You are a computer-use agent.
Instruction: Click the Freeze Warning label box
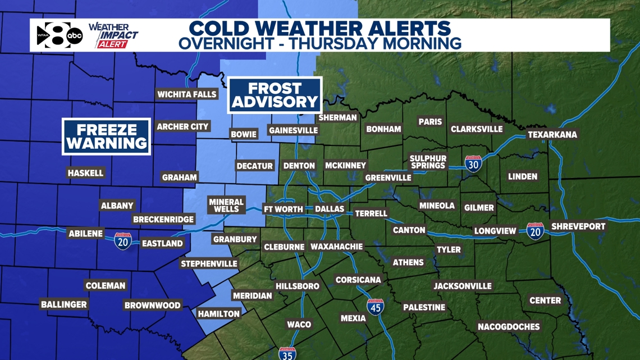coord(106,136)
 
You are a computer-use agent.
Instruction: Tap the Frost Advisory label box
coord(275,95)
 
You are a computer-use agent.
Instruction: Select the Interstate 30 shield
coord(473,163)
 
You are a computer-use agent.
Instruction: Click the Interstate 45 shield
coord(376,307)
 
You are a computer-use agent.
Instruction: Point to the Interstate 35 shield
coord(287,354)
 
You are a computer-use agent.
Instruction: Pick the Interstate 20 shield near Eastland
coord(122,241)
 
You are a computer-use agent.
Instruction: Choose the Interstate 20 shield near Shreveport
coord(535,231)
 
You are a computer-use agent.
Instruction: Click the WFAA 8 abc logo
coord(60,36)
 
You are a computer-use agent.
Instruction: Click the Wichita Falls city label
coord(187,94)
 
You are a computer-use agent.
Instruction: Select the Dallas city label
coord(329,209)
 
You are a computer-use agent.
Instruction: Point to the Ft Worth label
coord(284,209)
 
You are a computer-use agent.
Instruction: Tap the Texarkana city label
coord(552,135)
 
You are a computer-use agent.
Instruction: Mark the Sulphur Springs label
coord(428,162)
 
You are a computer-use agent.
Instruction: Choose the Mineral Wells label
coord(226,205)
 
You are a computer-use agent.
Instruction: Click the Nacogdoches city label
coord(509,326)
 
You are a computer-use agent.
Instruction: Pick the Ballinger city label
coord(64,304)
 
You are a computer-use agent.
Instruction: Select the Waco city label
coord(299,324)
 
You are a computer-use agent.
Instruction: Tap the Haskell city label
coord(85,173)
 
